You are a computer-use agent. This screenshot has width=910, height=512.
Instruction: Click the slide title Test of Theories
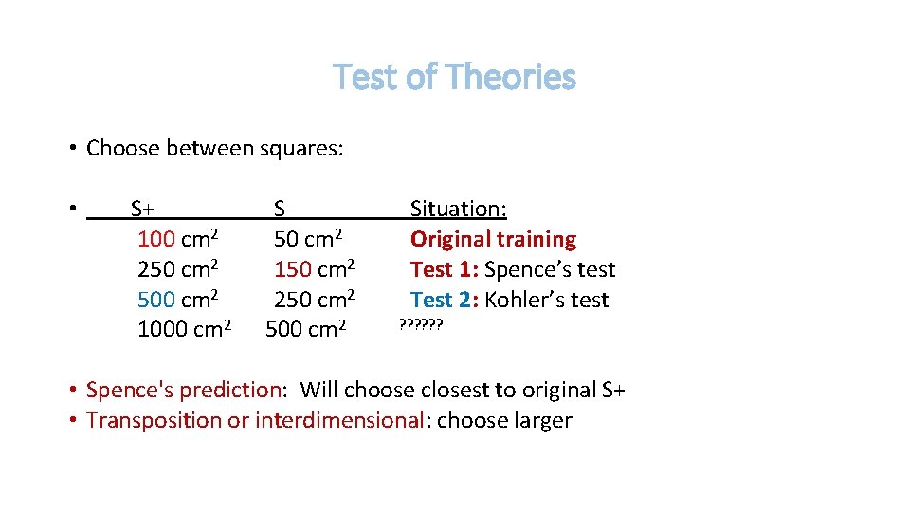(454, 77)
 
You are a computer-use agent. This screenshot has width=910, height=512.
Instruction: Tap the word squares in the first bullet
(300, 149)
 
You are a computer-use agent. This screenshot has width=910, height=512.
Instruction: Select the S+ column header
(143, 209)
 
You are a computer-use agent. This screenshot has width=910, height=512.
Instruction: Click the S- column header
(282, 209)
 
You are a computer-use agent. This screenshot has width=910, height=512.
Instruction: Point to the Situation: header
(458, 209)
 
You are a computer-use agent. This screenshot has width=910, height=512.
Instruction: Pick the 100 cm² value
(179, 239)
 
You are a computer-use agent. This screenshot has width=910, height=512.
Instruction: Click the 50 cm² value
(308, 239)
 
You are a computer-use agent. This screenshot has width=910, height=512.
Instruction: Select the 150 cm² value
(315, 269)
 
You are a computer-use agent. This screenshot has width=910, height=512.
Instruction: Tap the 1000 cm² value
(185, 330)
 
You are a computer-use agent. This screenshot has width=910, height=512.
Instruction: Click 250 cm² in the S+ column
(179, 269)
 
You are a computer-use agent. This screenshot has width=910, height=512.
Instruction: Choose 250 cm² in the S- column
(315, 300)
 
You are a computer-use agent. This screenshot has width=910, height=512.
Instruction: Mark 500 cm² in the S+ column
(179, 300)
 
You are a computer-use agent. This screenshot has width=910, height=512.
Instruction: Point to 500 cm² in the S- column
(306, 330)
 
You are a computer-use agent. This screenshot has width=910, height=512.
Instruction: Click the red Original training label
(493, 239)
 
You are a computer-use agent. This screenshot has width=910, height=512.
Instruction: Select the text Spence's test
(550, 269)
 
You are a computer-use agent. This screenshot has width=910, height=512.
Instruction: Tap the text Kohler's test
(547, 300)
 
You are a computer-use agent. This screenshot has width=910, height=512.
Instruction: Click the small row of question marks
(421, 325)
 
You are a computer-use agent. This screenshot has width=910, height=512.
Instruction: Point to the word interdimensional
(338, 420)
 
